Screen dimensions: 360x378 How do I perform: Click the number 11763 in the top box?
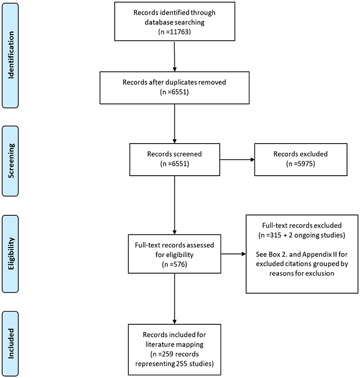click(x=179, y=32)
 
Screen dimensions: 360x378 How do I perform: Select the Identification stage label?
click(x=11, y=55)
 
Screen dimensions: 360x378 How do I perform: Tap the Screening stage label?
click(x=11, y=161)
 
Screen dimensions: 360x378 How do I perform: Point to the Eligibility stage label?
click(x=11, y=254)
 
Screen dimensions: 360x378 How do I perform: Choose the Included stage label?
click(x=11, y=344)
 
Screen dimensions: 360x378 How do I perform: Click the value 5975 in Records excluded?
click(x=305, y=164)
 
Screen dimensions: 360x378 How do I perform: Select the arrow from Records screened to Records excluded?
click(x=237, y=159)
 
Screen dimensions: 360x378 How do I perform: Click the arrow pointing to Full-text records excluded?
click(x=233, y=254)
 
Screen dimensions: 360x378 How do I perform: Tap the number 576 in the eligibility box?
click(x=179, y=264)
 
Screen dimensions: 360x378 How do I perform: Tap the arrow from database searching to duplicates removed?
click(x=174, y=56)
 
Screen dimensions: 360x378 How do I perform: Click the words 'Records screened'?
click(x=174, y=154)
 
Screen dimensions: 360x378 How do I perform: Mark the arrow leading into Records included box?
click(x=174, y=299)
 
